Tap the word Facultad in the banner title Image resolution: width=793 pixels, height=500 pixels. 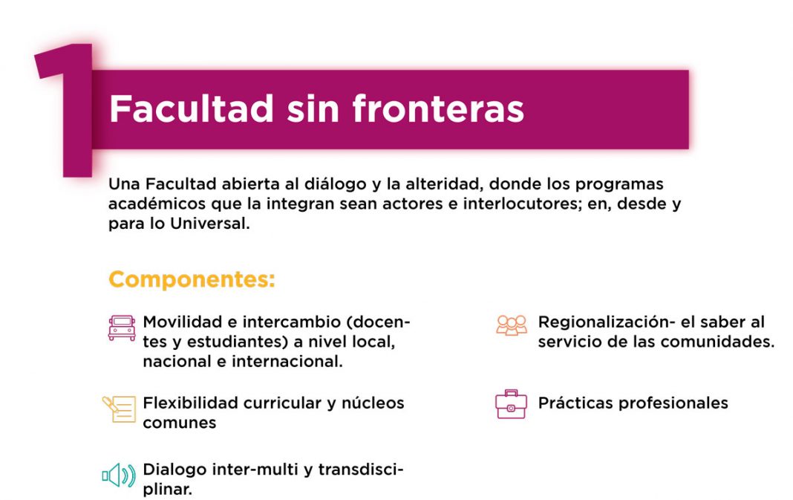tap(192, 108)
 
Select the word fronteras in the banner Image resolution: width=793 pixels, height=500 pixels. tap(438, 108)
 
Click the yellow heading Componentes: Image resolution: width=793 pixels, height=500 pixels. tap(192, 279)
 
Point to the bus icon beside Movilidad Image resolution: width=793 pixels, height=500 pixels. tap(122, 328)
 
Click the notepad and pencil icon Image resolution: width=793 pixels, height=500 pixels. tap(119, 409)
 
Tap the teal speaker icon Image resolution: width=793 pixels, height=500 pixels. tap(119, 475)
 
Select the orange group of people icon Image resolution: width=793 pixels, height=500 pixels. tap(512, 325)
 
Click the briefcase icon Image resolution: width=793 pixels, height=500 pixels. tap(511, 404)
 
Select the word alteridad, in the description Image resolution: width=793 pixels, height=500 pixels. tap(444, 184)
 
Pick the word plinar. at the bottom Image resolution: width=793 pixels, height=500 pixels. tap(167, 490)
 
